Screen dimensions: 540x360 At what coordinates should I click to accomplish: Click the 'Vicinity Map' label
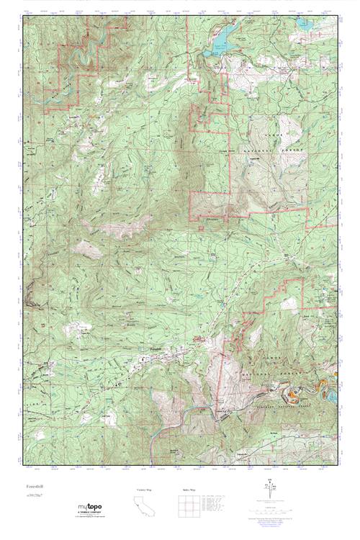[144, 490]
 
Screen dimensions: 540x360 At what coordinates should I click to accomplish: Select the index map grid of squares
[188, 505]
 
